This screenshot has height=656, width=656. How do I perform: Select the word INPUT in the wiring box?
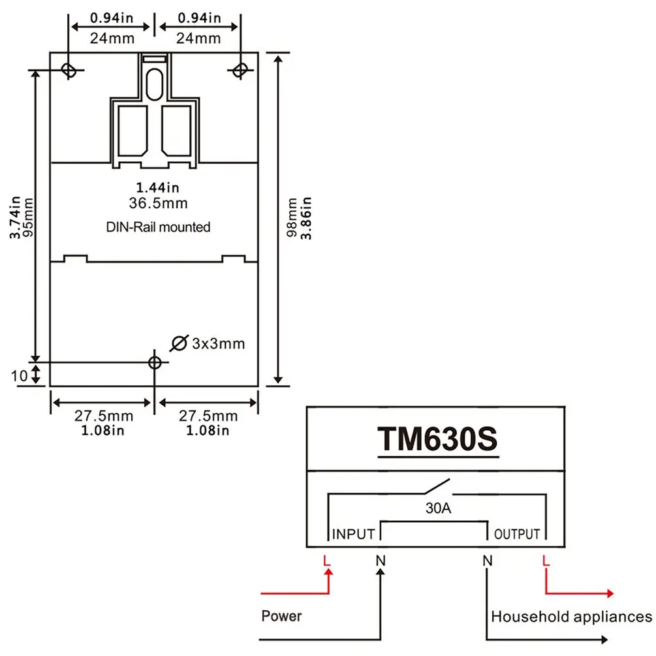354,534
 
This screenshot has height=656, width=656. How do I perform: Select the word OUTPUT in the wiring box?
516,534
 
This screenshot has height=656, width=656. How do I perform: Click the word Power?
282,616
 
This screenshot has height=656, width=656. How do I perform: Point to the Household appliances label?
571,616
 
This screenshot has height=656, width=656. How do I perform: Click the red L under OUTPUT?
546,560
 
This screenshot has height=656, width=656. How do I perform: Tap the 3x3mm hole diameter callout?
218,343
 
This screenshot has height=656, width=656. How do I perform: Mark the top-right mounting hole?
240,69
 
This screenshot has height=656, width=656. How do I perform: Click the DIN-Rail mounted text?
158,227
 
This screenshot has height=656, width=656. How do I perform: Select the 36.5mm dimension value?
158,204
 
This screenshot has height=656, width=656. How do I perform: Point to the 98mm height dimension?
293,217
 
